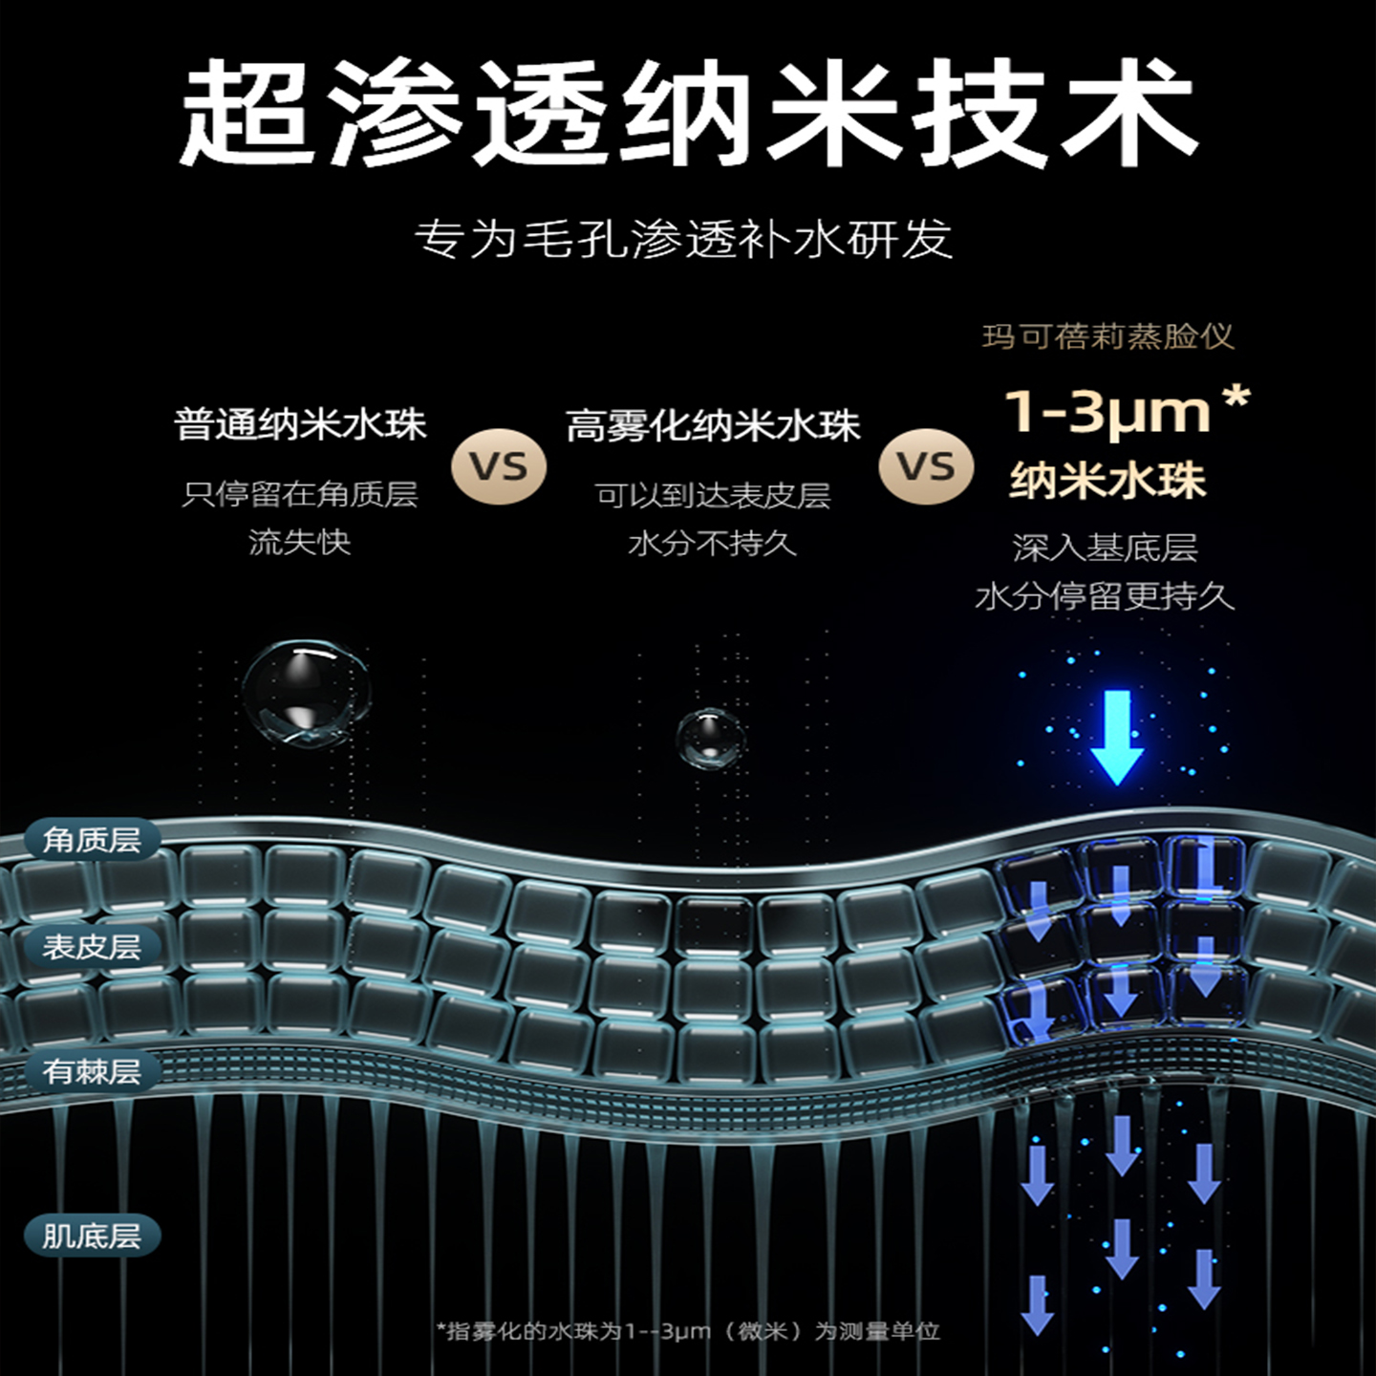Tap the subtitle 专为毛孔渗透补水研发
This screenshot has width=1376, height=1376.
tap(684, 239)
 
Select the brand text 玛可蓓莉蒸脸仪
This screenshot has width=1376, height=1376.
tap(1107, 336)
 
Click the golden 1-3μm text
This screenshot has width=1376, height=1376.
tap(1108, 412)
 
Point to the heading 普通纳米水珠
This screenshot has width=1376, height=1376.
tap(300, 424)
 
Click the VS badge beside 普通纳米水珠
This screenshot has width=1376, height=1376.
tap(498, 467)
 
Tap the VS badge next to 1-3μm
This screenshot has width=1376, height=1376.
tap(925, 467)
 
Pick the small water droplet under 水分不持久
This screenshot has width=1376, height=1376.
tap(710, 738)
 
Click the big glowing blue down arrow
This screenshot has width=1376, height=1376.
tap(1116, 736)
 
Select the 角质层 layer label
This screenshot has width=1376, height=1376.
tap(92, 841)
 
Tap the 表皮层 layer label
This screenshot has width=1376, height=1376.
tap(92, 947)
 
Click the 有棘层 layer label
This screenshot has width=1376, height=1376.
tap(92, 1071)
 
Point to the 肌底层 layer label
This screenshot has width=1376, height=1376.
tap(92, 1236)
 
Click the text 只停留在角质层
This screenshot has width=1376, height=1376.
tap(300, 494)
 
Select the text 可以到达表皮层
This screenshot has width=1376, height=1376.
tap(713, 495)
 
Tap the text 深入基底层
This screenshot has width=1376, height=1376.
tap(1105, 548)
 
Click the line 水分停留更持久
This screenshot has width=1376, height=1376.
tap(1105, 597)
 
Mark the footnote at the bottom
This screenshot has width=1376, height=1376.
tap(688, 1331)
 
